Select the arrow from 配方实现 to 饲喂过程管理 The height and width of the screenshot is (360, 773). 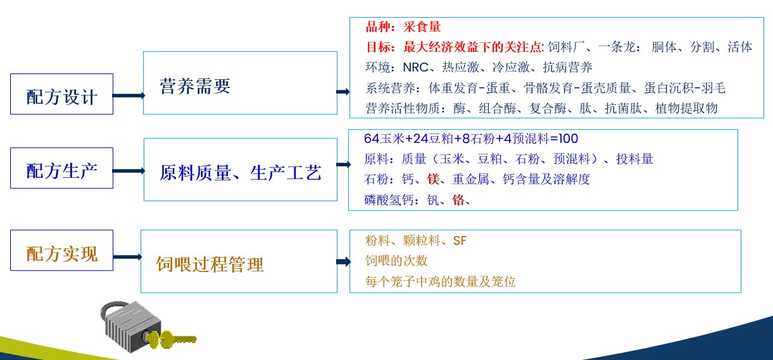127,257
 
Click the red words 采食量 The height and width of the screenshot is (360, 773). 422,27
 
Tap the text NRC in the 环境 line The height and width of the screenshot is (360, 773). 416,67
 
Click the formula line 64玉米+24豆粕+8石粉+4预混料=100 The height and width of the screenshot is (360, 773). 471,139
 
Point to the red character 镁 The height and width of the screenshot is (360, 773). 434,179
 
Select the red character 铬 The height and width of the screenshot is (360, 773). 458,200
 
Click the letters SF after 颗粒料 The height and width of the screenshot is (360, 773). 460,241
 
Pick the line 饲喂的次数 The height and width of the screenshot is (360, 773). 396,261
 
